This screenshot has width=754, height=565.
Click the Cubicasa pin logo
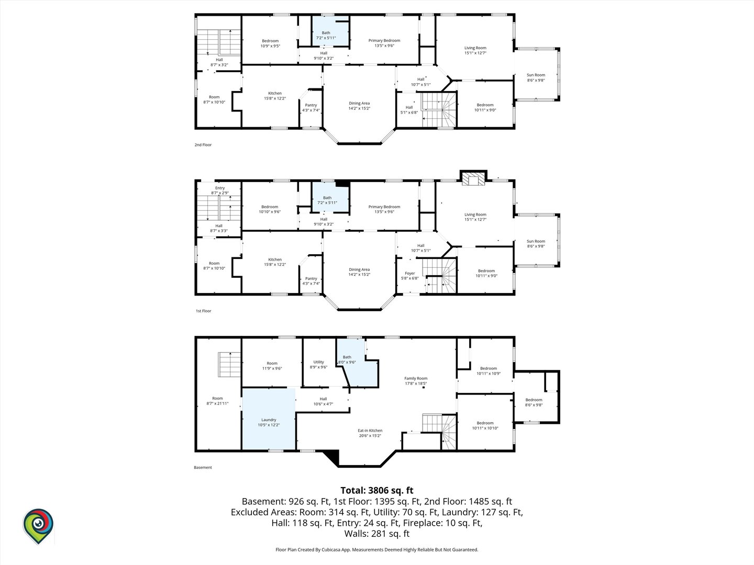click(x=38, y=526)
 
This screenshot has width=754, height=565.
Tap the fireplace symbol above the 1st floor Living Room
click(x=473, y=178)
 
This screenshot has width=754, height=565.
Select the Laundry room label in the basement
click(x=269, y=420)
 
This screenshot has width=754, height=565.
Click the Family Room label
click(x=416, y=378)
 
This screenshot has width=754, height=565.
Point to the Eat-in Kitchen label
click(x=370, y=431)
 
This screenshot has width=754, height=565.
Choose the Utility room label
click(x=318, y=362)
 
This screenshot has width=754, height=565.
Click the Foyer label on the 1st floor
click(x=410, y=274)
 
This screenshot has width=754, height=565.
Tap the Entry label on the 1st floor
click(x=220, y=188)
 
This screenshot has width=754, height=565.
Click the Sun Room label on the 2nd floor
click(x=536, y=75)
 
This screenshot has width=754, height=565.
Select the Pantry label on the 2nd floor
click(x=311, y=105)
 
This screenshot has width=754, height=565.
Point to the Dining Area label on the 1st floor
click(x=359, y=269)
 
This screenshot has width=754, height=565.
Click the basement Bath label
click(x=347, y=357)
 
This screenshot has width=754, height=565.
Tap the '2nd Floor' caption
click(x=203, y=145)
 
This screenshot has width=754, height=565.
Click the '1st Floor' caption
click(x=203, y=311)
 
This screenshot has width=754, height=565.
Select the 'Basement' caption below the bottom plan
click(x=203, y=467)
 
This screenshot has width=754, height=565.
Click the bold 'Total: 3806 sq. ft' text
click(x=377, y=490)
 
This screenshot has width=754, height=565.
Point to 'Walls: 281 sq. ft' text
click(x=377, y=534)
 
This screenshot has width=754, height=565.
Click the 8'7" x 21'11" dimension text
click(x=217, y=403)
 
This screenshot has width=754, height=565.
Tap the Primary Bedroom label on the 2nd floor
click(x=384, y=40)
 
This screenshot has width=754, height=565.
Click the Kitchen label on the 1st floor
click(x=275, y=259)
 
